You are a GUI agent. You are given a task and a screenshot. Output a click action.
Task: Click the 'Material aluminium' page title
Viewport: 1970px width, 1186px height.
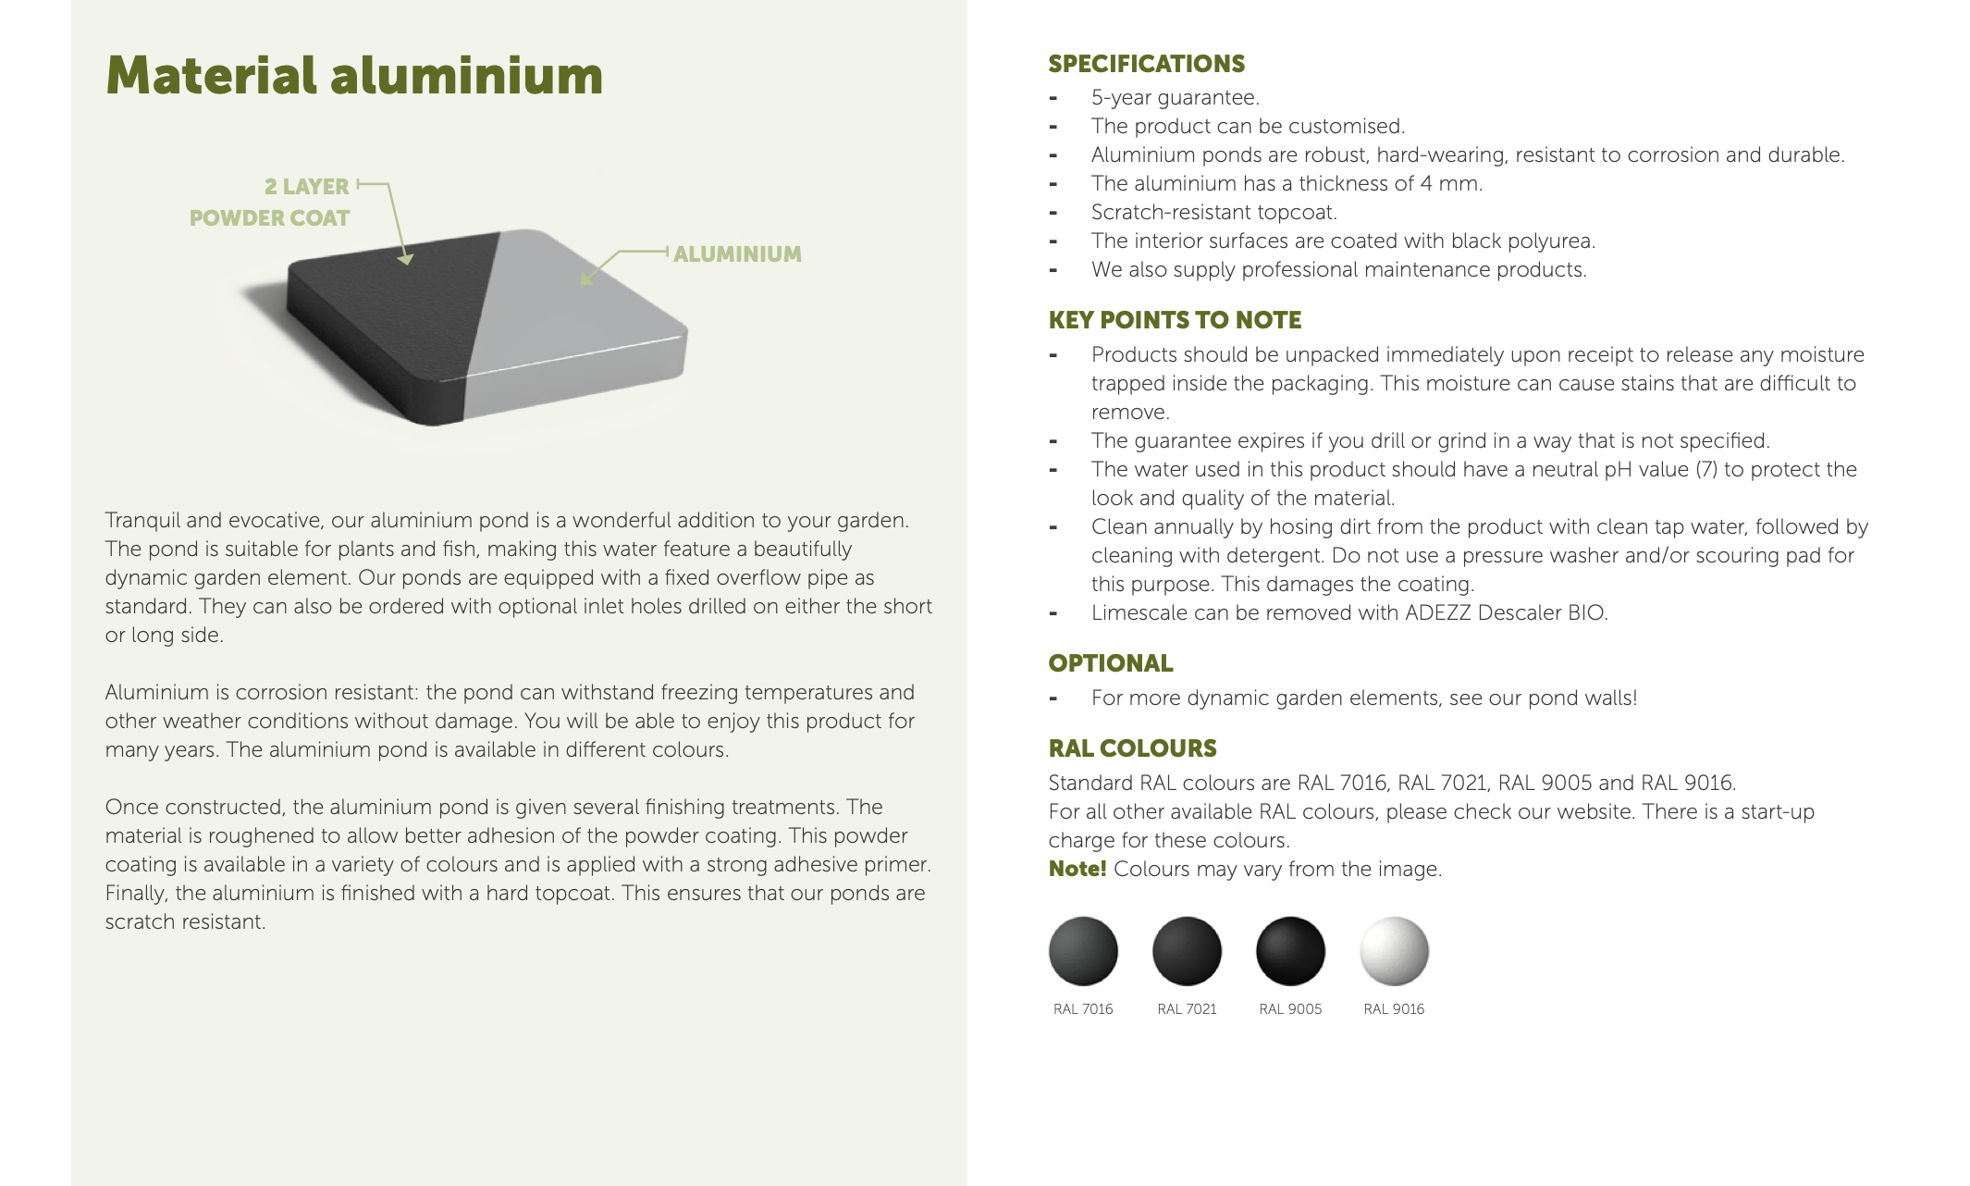354,75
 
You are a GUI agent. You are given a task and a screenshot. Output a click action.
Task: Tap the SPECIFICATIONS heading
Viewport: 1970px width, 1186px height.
1146,64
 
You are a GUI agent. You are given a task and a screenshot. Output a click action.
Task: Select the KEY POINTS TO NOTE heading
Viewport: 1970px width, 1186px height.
1175,320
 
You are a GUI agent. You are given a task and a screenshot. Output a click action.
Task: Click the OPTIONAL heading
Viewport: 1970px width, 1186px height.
1110,663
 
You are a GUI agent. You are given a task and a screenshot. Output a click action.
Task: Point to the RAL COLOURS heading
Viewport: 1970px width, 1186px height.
1132,748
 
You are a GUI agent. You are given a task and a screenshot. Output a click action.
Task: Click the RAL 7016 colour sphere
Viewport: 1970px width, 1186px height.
1083,951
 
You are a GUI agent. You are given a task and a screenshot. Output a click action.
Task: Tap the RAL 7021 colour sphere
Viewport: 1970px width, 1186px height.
1187,951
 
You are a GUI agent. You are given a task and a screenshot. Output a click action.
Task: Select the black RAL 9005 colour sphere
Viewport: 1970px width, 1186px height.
1290,951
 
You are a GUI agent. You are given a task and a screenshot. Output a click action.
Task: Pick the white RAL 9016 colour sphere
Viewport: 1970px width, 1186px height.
1394,951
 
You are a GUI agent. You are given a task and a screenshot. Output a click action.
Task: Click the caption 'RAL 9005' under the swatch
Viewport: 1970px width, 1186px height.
1290,1009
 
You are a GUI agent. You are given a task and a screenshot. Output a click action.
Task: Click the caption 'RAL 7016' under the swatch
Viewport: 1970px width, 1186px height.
1083,1009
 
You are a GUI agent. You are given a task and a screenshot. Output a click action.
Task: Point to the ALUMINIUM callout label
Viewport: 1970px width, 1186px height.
737,254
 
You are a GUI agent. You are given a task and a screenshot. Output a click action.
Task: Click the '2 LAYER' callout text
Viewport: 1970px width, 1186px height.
306,187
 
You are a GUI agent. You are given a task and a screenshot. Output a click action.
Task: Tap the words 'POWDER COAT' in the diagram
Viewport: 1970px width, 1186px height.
269,218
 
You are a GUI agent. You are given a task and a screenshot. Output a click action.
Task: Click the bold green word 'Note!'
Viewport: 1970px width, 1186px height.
1077,869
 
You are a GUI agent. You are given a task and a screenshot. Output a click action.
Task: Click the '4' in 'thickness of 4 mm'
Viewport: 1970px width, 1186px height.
1425,184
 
